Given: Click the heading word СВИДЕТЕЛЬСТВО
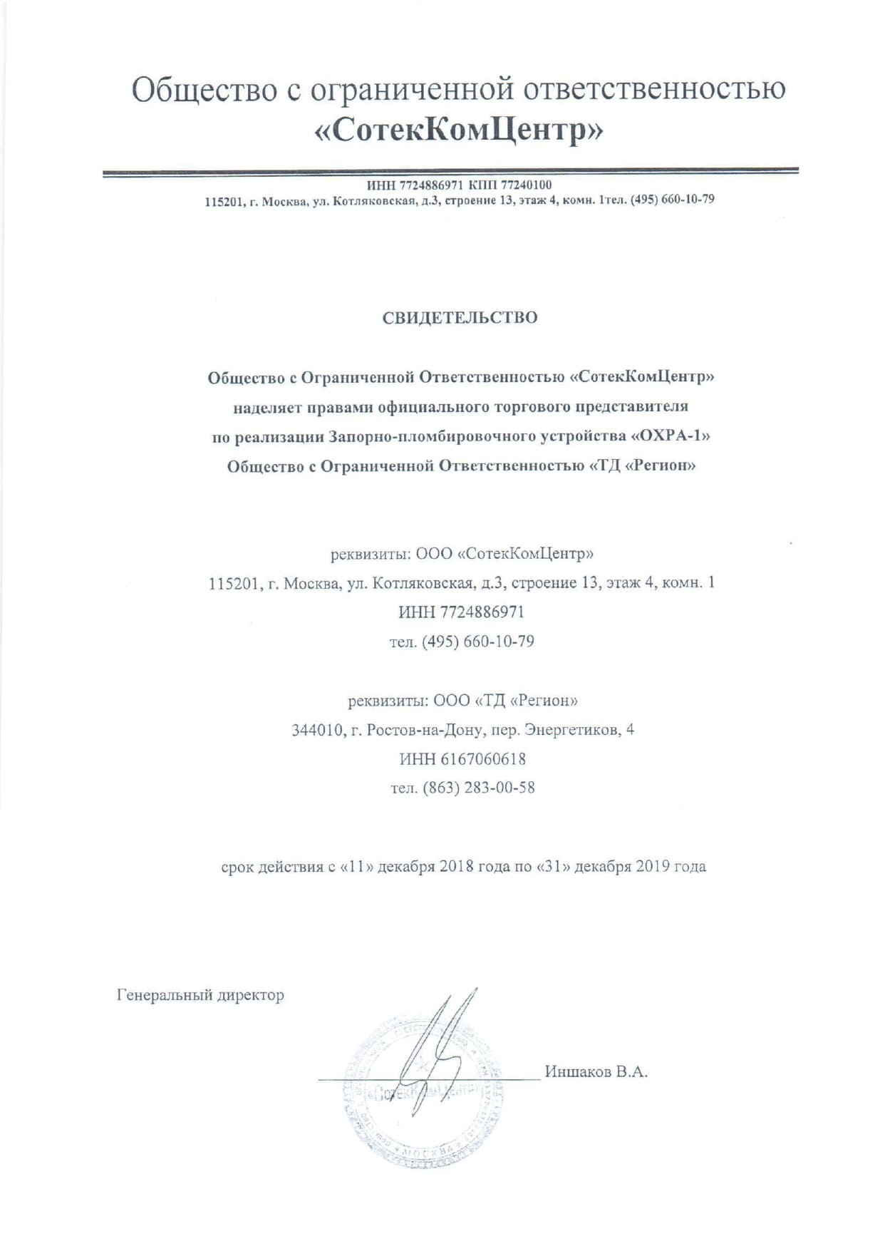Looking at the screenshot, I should point(460,317).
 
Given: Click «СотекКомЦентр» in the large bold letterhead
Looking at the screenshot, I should point(459,130).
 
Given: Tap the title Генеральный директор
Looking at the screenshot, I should point(200,994).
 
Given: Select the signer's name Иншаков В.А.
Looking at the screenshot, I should point(596,1071).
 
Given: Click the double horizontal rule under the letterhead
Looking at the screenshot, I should point(450,171).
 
